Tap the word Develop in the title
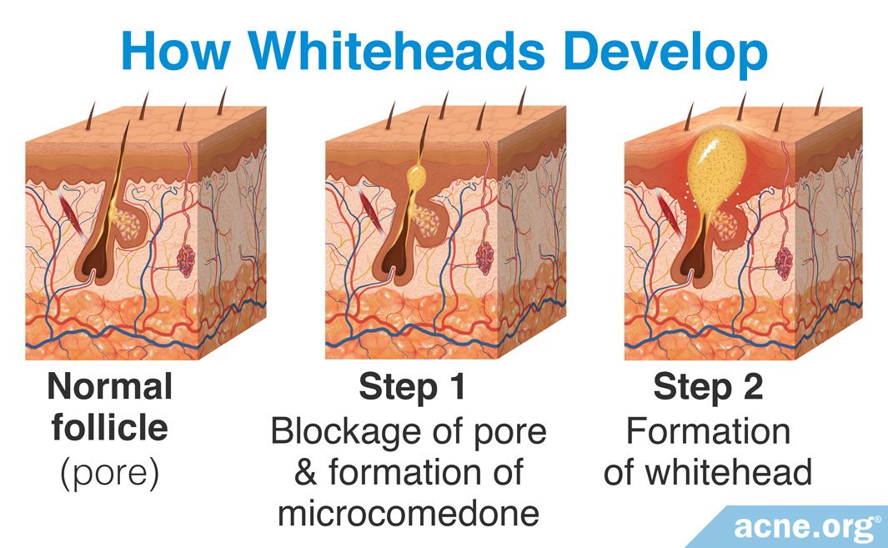click(666, 55)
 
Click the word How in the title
click(175, 50)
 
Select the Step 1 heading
click(412, 388)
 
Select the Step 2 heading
click(708, 388)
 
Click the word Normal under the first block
click(110, 386)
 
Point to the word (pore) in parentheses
click(110, 473)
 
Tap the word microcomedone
click(409, 514)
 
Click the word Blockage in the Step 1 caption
click(346, 433)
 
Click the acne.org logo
click(803, 528)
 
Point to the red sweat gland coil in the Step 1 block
click(484, 258)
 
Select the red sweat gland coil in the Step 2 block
click(784, 264)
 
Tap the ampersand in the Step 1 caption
click(305, 473)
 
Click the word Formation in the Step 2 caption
click(708, 432)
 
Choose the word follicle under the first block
click(110, 428)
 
